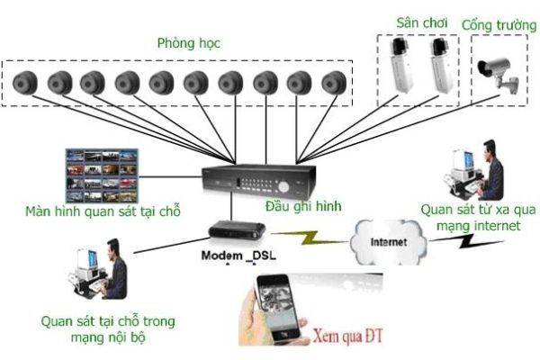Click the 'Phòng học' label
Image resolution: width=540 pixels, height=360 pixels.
point(188,43)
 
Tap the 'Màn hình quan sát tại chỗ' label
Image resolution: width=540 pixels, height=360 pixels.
point(103,212)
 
